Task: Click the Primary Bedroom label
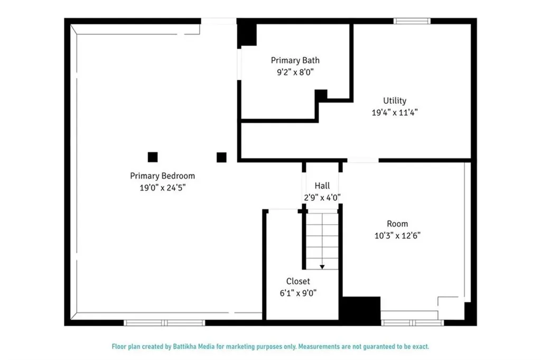coord(163,176)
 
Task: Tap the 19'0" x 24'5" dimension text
coord(163,188)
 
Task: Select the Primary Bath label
coord(295,60)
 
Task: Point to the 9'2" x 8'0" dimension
coord(295,72)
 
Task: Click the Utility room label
coord(395,101)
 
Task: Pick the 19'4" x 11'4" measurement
coord(395,113)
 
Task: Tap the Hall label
coord(322,186)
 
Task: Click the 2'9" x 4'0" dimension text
coord(322,198)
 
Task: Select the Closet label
coord(298,281)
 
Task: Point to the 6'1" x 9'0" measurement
coord(298,293)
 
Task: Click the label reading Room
coord(397,224)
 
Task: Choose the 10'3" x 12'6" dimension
coord(397,236)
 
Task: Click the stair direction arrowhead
coord(322,267)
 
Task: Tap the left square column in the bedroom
coord(153,157)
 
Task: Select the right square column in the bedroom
coord(221,158)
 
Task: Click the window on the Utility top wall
coord(412,21)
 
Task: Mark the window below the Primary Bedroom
coord(165,322)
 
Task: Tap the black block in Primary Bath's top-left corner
coord(247,33)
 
